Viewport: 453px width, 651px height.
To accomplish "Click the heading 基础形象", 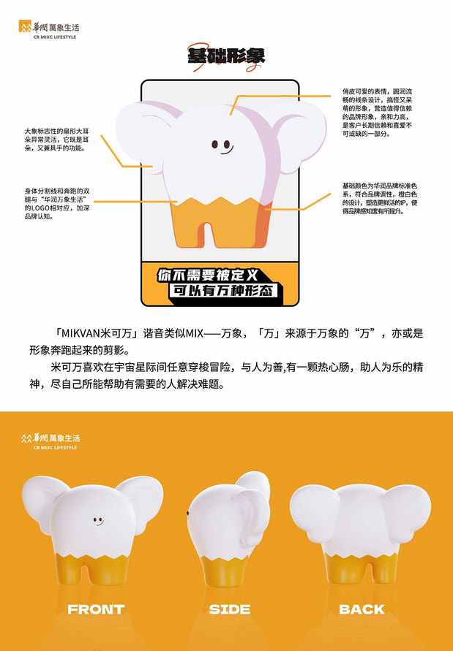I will (225, 56).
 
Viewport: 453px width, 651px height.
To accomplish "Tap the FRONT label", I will (96, 609).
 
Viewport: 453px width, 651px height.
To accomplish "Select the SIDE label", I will (230, 609).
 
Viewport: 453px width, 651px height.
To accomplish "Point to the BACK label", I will (362, 609).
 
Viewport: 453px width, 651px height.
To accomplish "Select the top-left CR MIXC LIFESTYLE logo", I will (50, 30).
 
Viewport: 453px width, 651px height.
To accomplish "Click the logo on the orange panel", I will (50, 440).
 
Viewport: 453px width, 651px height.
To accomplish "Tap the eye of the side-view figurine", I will (190, 514).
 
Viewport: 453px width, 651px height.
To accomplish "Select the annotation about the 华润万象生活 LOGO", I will (57, 204).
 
